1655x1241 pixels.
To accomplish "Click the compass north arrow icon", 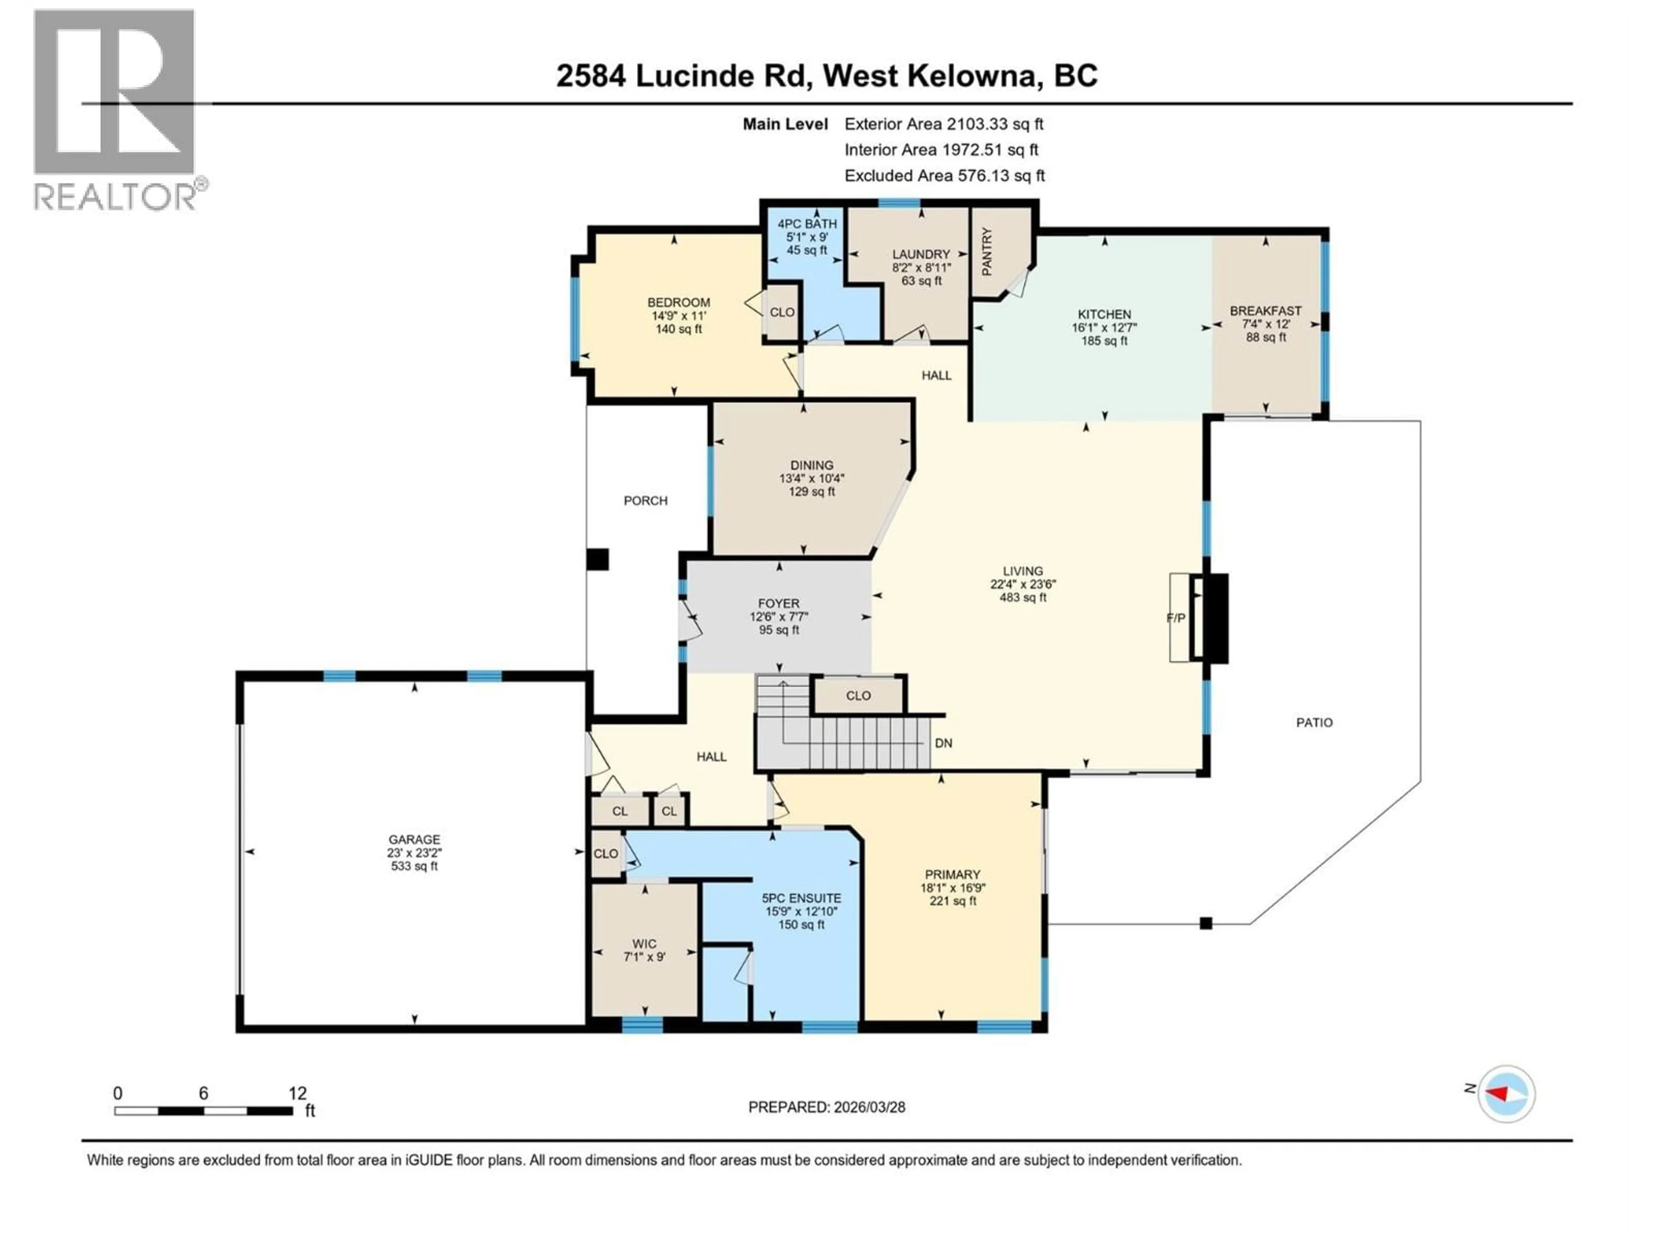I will tap(1505, 1094).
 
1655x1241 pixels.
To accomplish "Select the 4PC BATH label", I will tap(806, 224).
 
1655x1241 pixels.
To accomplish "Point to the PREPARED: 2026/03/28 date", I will tap(826, 1107).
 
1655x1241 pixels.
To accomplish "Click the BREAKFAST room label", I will tap(1265, 310).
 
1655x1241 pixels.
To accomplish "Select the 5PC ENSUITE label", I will tap(801, 898).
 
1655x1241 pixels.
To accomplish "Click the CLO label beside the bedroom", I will tap(782, 312).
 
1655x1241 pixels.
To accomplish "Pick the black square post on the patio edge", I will tap(1205, 923).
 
